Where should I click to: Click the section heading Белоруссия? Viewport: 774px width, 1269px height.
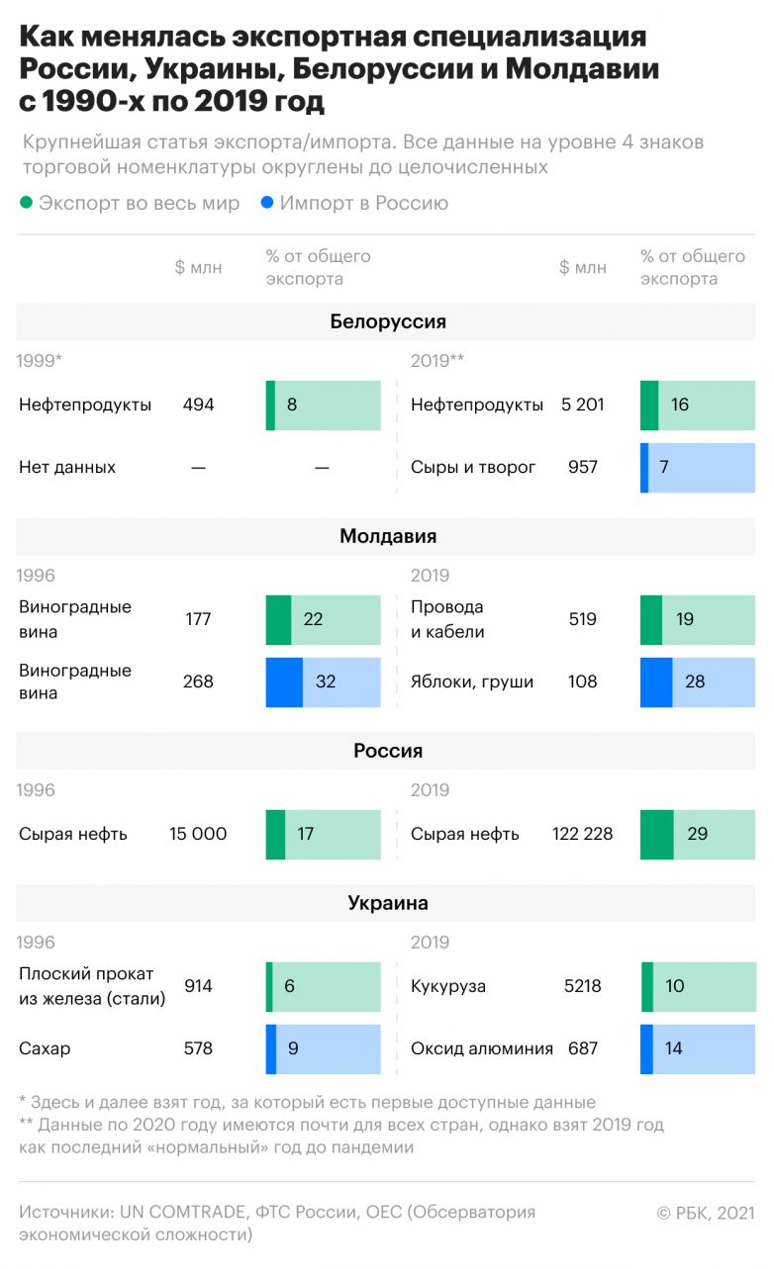click(387, 321)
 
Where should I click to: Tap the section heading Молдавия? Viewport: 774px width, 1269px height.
click(387, 536)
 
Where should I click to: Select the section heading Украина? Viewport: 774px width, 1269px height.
click(387, 902)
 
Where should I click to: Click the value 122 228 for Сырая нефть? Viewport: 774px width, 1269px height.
click(582, 834)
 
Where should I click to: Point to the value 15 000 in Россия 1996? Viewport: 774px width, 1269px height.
click(198, 834)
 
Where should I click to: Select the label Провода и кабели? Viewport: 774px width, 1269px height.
click(447, 619)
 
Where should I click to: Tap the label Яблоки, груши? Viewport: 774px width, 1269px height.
click(472, 681)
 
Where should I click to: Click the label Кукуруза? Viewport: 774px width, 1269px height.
click(448, 986)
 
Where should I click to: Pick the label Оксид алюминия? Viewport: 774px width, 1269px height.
click(481, 1048)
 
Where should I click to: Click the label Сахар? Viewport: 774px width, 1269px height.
click(45, 1048)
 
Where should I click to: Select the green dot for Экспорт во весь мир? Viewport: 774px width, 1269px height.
click(26, 203)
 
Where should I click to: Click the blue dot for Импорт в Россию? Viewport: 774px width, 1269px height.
click(266, 203)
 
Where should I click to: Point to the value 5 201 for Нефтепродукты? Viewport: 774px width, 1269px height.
click(582, 405)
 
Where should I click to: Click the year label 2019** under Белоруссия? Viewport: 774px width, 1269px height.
click(437, 361)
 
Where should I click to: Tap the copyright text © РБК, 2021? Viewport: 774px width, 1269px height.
click(705, 1213)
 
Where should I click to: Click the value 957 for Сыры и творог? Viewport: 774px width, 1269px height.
click(582, 467)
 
